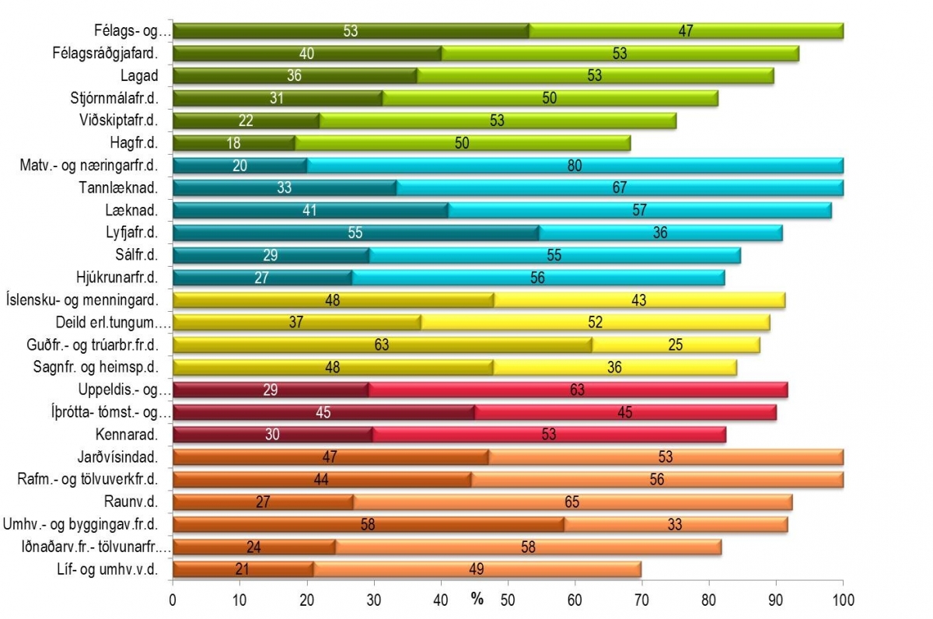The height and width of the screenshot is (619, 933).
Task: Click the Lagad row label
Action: click(x=139, y=75)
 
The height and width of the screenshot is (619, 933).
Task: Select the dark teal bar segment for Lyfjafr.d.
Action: click(x=355, y=233)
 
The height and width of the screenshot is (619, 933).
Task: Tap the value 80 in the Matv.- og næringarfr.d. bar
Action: click(x=575, y=166)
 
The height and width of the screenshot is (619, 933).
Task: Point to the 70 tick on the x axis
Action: click(x=642, y=600)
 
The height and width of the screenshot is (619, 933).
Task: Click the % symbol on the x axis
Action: click(x=477, y=600)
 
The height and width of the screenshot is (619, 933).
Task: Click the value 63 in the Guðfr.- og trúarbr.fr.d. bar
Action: click(x=382, y=345)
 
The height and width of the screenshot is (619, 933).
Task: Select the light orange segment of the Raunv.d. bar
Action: click(x=573, y=502)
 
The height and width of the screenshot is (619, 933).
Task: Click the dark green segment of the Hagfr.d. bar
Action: click(x=233, y=143)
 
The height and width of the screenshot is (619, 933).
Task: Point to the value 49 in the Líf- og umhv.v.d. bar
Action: click(x=477, y=569)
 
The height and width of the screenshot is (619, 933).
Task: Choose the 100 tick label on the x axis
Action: click(x=844, y=600)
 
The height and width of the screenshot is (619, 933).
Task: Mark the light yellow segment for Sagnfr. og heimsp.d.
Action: click(x=614, y=368)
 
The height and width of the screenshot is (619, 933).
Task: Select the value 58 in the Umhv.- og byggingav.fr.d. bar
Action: click(x=369, y=524)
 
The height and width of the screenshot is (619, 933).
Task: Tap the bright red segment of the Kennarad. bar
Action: click(x=549, y=435)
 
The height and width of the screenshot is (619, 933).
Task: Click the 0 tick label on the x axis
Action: click(x=173, y=600)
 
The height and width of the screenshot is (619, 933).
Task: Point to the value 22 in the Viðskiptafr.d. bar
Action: click(x=246, y=121)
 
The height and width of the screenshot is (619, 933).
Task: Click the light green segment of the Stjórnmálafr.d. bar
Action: click(x=550, y=98)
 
